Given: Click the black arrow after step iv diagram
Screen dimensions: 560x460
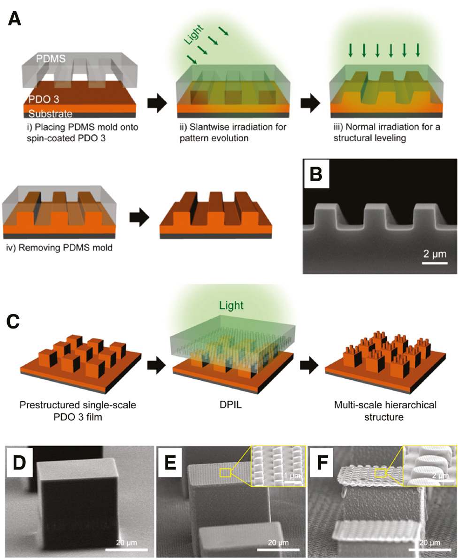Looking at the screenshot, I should coord(140,218).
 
